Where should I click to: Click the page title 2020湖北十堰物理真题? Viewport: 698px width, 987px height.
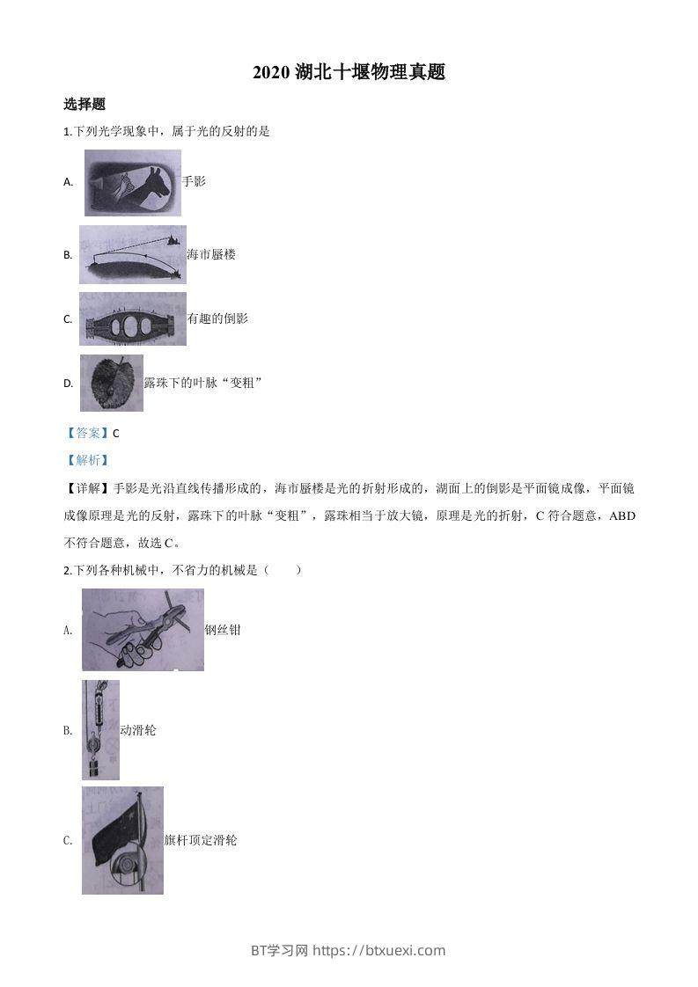tap(349, 73)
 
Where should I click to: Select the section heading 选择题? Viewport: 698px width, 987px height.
tap(84, 104)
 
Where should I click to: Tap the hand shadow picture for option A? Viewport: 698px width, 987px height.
tap(132, 183)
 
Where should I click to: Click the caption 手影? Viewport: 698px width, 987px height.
tap(194, 181)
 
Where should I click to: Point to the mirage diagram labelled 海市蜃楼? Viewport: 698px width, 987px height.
tap(132, 254)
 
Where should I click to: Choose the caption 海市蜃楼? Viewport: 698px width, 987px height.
tap(211, 254)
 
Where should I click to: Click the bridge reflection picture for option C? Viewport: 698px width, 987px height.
tap(132, 318)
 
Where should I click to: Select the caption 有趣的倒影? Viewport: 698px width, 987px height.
tap(217, 318)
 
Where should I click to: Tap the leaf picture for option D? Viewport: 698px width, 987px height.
tap(111, 383)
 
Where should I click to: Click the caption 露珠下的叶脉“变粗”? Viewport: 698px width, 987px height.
tap(203, 383)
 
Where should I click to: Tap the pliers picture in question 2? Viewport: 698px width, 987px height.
tap(143, 630)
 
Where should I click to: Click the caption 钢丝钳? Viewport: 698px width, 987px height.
tap(223, 630)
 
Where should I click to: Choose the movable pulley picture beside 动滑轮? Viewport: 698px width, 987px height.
tap(100, 729)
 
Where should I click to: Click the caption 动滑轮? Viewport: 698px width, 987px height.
tap(138, 730)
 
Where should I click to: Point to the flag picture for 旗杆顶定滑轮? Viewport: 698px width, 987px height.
tap(122, 840)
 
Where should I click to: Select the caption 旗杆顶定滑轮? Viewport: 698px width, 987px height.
tap(201, 840)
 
